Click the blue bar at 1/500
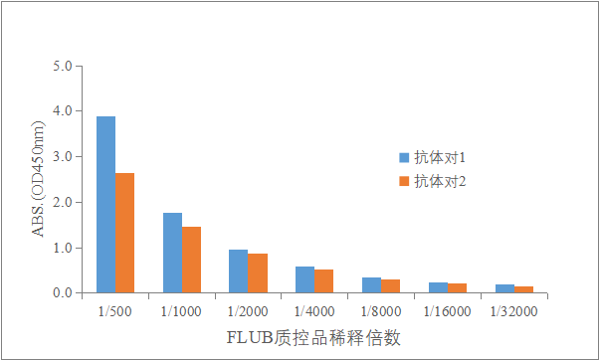tap(105, 205)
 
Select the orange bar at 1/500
tap(124, 233)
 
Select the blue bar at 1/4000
tap(304, 279)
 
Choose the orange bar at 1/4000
tap(323, 281)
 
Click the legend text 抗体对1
tap(441, 157)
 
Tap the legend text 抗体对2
tap(441, 181)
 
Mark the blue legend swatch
tap(404, 157)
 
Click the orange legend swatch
tap(404, 181)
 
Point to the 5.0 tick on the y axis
tap(63, 67)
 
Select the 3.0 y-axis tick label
tap(63, 157)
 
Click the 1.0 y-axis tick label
tap(63, 248)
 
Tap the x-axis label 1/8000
tap(380, 311)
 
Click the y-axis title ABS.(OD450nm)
tap(39, 180)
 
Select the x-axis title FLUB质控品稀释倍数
tap(313, 337)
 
